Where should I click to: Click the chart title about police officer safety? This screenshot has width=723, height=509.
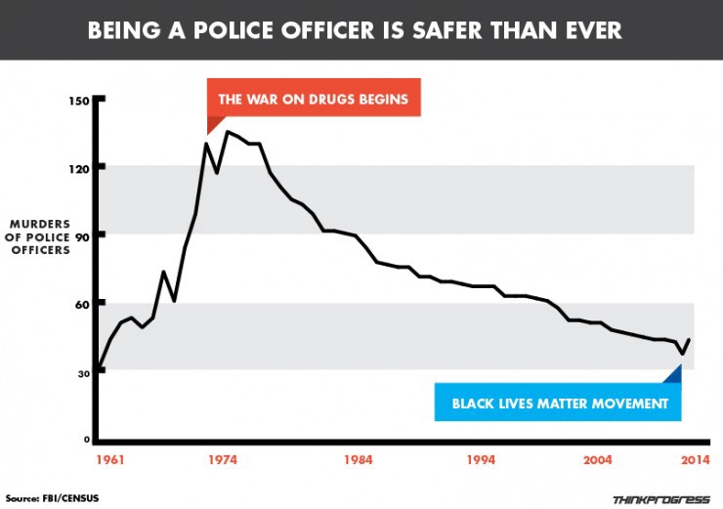pyautogui.click(x=361, y=31)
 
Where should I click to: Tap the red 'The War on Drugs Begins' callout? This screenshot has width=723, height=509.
pyautogui.click(x=314, y=100)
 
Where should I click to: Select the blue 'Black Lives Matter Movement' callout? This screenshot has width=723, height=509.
pyautogui.click(x=557, y=403)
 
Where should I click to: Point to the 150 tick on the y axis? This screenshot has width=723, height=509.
pyautogui.click(x=79, y=102)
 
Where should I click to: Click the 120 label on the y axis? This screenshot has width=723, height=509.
pyautogui.click(x=79, y=169)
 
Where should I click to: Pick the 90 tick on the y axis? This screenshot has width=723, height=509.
pyautogui.click(x=82, y=236)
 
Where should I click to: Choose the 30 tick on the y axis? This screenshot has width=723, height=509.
pyautogui.click(x=82, y=372)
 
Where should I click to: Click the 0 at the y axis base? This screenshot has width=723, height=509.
pyautogui.click(x=85, y=441)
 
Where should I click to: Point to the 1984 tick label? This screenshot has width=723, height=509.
pyautogui.click(x=359, y=461)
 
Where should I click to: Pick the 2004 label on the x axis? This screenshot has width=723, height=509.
pyautogui.click(x=597, y=461)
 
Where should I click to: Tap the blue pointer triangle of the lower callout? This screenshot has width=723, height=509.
pyautogui.click(x=671, y=374)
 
